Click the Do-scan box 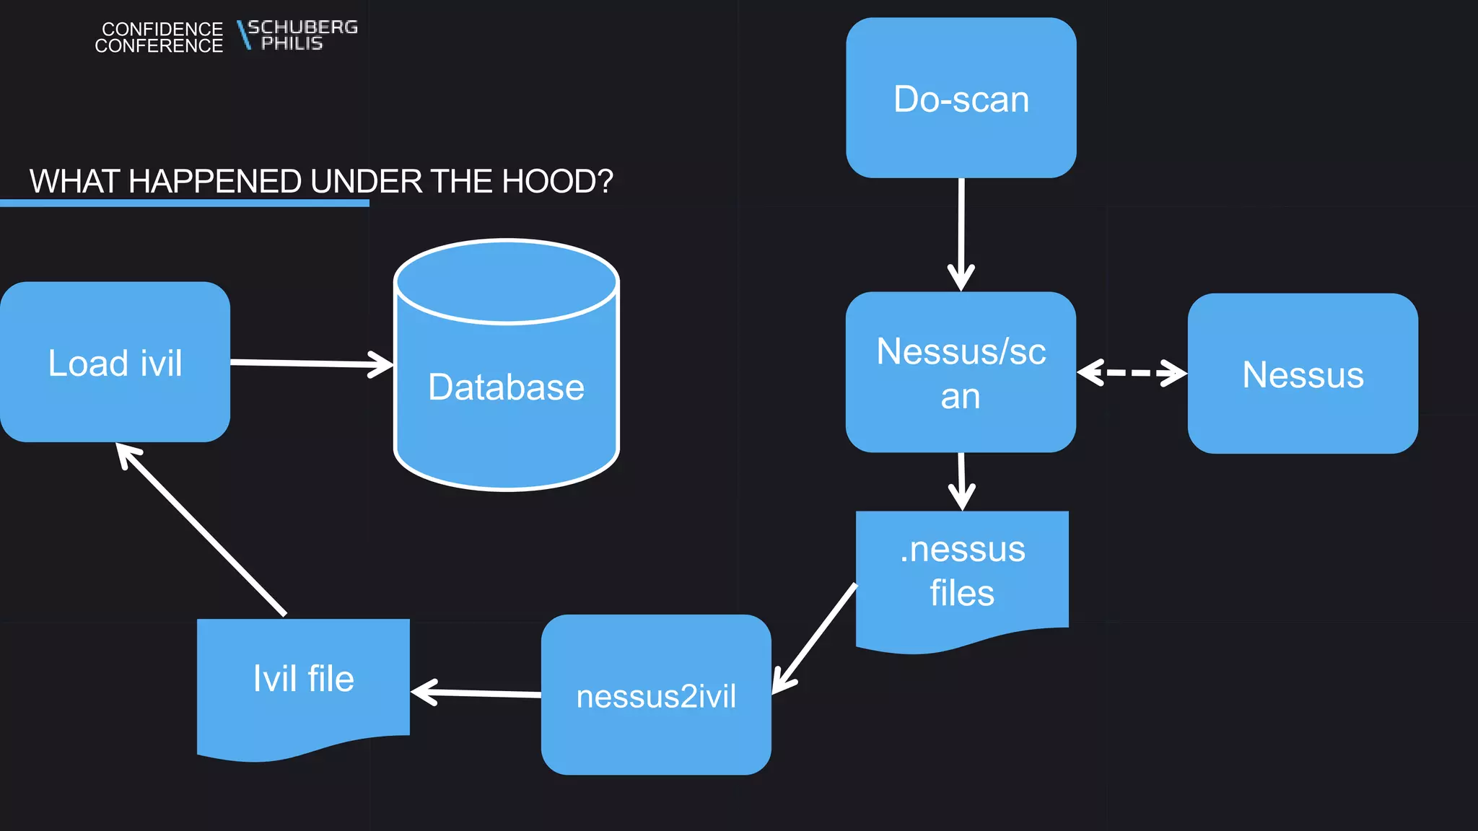click(961, 98)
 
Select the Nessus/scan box click(961, 372)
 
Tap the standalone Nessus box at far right click(1303, 374)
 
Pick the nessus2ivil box click(656, 695)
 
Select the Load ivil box click(115, 362)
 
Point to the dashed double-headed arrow click(1131, 373)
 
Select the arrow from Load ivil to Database click(310, 363)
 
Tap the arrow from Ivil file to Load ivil click(202, 530)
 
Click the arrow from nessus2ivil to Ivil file click(476, 693)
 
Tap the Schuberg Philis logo click(297, 35)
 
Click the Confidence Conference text click(159, 38)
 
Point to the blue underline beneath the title click(184, 203)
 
